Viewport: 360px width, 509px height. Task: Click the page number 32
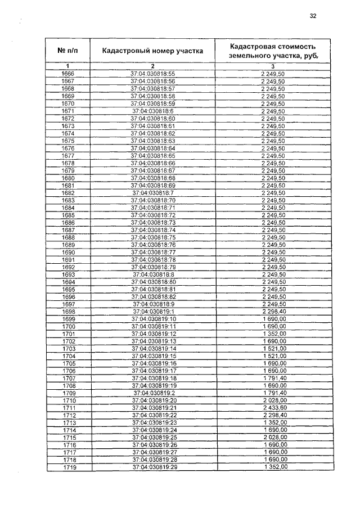(313, 16)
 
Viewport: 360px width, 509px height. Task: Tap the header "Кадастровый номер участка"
(152, 51)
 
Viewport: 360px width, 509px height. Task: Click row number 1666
(68, 74)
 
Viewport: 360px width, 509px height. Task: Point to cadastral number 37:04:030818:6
(153, 111)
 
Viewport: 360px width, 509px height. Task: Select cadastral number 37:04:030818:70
(153, 200)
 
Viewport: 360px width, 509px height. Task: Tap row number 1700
(69, 326)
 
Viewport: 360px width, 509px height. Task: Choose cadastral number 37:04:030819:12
(154, 334)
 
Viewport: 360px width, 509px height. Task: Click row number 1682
(68, 193)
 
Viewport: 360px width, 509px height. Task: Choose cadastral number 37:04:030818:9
(153, 304)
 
